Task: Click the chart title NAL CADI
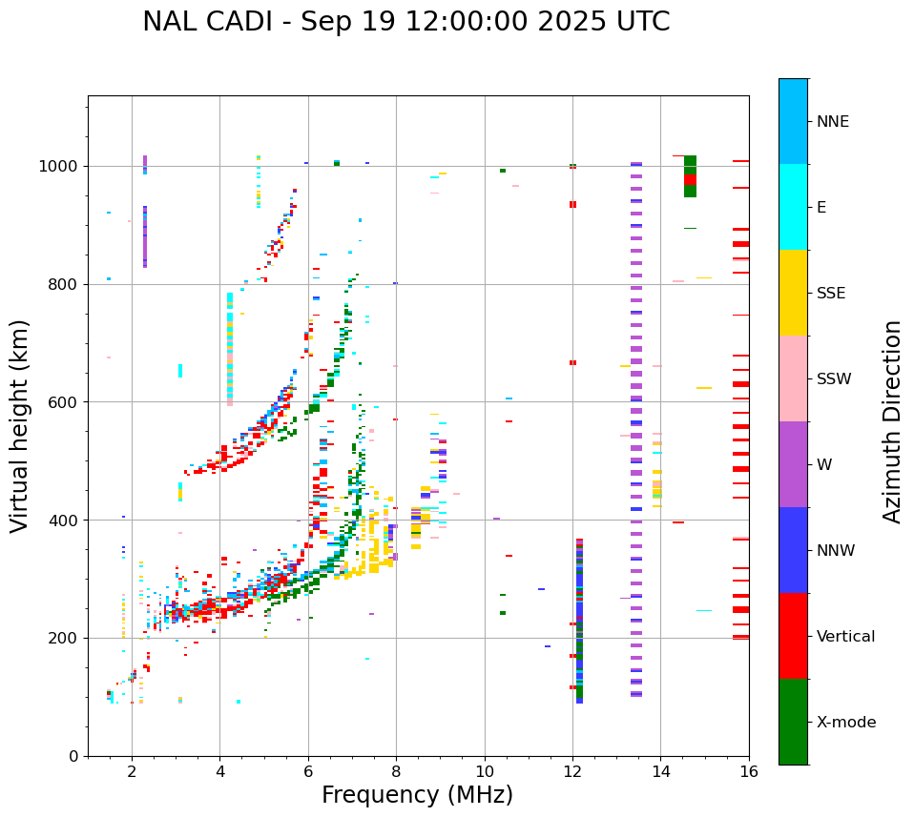(x=405, y=22)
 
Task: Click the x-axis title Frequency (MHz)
(x=417, y=795)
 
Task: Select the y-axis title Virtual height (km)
(x=21, y=425)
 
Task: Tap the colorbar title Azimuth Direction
(x=892, y=421)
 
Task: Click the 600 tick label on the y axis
(x=67, y=402)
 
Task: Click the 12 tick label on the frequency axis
(x=572, y=772)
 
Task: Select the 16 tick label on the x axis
(x=749, y=772)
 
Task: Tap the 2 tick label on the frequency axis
(x=132, y=772)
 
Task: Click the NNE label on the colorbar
(x=833, y=122)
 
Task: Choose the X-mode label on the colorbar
(x=846, y=723)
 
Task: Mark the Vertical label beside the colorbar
(x=845, y=637)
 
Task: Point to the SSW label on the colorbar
(x=834, y=379)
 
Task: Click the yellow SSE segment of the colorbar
(x=793, y=293)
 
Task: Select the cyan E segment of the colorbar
(x=793, y=207)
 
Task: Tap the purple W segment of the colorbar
(x=793, y=464)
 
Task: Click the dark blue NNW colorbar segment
(x=793, y=550)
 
